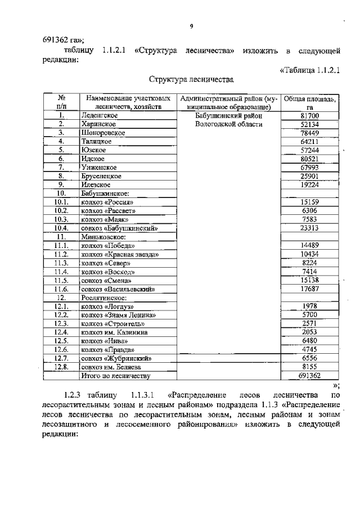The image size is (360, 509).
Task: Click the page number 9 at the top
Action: [x=191, y=25]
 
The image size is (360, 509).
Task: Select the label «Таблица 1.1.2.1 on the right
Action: [x=310, y=69]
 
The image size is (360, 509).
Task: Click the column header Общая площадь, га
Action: [x=309, y=103]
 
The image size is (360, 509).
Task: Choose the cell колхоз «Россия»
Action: [x=107, y=202]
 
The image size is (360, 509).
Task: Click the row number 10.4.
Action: [x=61, y=228]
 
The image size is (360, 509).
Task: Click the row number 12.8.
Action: [x=61, y=367]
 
